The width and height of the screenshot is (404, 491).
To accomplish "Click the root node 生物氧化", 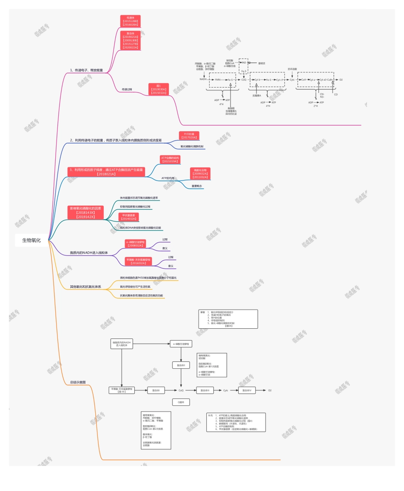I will coord(31,240).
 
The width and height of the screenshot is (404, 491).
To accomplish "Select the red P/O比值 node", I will coord(189,135).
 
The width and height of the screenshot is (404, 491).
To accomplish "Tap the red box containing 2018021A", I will coord(106,172).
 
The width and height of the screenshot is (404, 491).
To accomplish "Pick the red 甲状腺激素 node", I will coord(129,217).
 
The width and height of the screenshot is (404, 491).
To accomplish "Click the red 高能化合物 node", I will coord(200,173).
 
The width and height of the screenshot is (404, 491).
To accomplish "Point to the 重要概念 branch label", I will coord(197,186).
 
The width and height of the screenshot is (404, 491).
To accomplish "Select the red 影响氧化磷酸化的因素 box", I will coord(86,213).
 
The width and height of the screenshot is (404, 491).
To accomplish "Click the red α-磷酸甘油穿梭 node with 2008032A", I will coord(135,243).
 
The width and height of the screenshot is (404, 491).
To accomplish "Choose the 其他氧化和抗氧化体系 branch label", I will coord(85,287).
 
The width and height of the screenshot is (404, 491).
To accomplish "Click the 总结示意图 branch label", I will coord(78,382).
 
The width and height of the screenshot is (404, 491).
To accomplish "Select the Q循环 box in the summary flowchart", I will coord(181,402).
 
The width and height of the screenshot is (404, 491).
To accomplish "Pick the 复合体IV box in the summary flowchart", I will coord(247,390).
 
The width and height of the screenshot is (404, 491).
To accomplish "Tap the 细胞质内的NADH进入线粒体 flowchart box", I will coord(122,344).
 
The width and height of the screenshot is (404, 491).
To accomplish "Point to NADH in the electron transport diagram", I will coord(203,79).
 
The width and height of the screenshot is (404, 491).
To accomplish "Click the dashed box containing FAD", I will coord(243,62).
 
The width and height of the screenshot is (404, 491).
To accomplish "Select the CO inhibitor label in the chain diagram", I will coord(336,94).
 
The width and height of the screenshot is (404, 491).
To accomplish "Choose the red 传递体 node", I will coord(130,21).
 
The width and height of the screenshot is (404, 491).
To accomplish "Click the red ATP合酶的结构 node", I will coord(171,159).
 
